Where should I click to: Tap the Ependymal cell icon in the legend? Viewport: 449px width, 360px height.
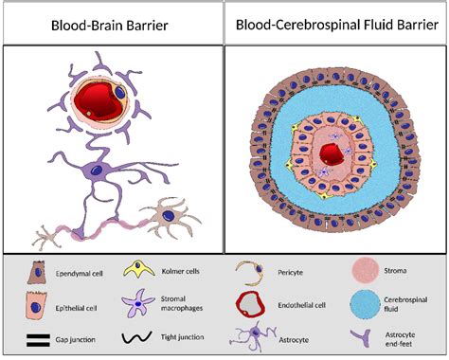click(34, 275)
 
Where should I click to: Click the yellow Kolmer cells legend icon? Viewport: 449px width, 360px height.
click(135, 272)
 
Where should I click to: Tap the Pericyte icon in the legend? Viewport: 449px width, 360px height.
click(246, 273)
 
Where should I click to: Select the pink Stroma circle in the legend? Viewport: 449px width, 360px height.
click(367, 272)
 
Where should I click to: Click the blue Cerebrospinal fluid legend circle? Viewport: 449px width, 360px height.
click(367, 305)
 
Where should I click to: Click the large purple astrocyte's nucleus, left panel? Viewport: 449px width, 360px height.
click(107, 170)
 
